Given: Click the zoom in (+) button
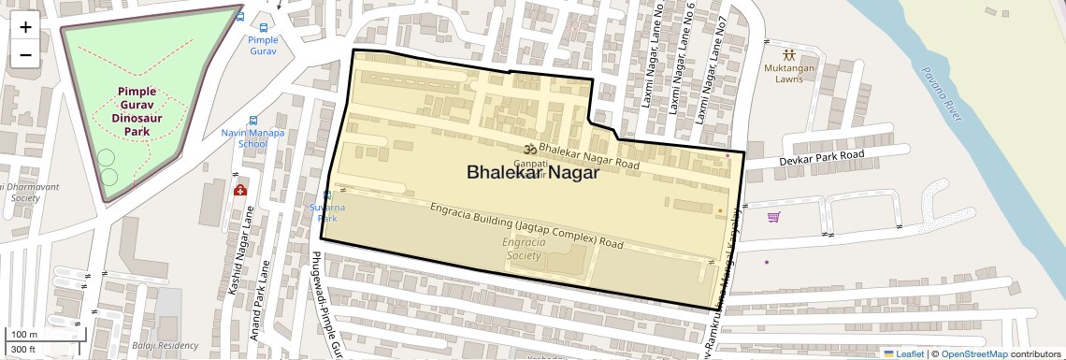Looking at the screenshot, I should pyautogui.click(x=25, y=27).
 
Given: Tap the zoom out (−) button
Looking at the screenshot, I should pyautogui.click(x=25, y=54).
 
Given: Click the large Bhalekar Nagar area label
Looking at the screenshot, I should pyautogui.click(x=532, y=172).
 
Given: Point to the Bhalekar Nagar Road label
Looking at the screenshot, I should pyautogui.click(x=588, y=156).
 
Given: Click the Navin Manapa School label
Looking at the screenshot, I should pyautogui.click(x=252, y=138).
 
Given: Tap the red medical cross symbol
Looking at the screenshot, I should pyautogui.click(x=240, y=190).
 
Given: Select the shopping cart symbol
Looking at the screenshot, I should pyautogui.click(x=773, y=217).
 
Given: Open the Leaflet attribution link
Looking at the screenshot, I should pyautogui.click(x=902, y=353).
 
